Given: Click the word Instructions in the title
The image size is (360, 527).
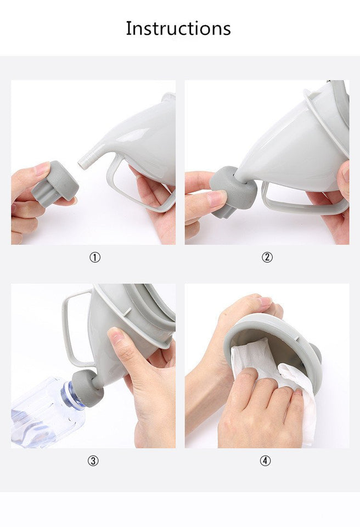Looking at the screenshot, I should point(178,28).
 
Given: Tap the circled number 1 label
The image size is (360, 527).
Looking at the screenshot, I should point(95,257).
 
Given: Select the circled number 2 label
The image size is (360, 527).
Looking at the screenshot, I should point(267,257).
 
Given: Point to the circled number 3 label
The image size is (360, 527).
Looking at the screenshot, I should point(93,461).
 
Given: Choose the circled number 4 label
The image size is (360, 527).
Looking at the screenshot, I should point(266,461).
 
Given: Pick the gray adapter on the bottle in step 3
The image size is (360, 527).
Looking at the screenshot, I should point(87,388).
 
